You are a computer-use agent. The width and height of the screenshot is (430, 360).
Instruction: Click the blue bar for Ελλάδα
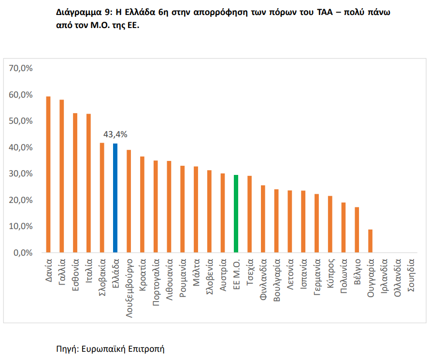[115, 198]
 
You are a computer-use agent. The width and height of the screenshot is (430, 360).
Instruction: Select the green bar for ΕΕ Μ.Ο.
[236, 214]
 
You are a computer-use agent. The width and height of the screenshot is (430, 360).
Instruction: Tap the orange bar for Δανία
[48, 174]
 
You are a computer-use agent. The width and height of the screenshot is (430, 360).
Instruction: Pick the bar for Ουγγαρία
[370, 241]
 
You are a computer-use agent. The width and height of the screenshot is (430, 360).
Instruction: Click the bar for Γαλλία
[61, 176]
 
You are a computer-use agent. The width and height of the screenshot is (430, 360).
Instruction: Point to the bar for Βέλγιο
[357, 230]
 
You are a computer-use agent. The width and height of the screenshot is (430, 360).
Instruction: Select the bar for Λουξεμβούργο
[129, 201]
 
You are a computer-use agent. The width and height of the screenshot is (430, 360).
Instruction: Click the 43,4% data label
[115, 134]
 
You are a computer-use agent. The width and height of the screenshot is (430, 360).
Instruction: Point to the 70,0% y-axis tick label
[21, 68]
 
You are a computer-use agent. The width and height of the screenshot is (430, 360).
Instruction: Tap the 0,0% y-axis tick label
[23, 253]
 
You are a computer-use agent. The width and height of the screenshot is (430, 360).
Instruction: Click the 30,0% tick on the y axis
[21, 173]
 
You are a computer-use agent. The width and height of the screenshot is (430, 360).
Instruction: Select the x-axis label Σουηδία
[411, 275]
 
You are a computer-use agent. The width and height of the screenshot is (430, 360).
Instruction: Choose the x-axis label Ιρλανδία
[384, 276]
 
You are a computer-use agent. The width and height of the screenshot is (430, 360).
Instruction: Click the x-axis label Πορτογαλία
[156, 282]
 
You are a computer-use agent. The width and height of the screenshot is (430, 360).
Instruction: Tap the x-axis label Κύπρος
[330, 273]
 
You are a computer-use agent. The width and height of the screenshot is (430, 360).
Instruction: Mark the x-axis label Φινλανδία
[263, 279]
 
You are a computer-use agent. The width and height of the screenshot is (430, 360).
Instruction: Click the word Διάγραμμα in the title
[79, 13]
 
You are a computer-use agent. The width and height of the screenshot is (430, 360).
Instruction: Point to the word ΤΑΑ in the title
[325, 12]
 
